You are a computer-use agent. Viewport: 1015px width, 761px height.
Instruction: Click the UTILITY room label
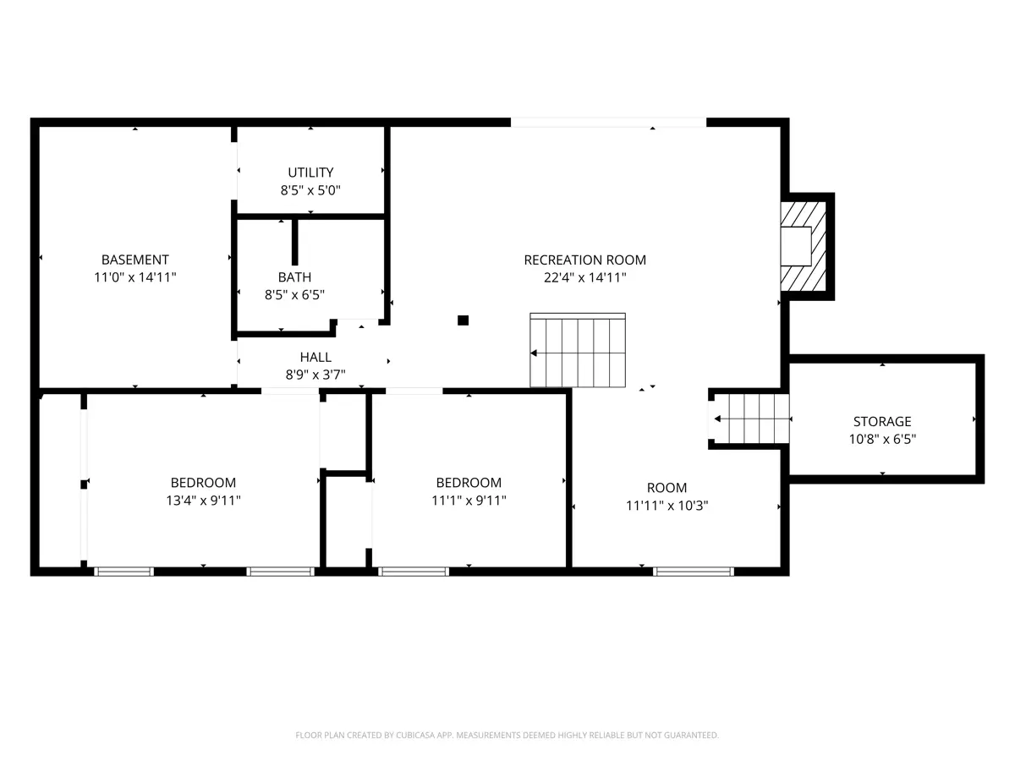(x=310, y=172)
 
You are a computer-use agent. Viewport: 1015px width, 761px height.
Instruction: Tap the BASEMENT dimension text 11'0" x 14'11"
(x=135, y=277)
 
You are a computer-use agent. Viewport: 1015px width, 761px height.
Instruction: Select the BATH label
(x=294, y=277)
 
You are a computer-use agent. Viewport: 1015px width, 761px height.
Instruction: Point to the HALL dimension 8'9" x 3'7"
(x=315, y=375)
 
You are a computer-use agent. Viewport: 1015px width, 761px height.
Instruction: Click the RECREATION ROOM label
(x=585, y=260)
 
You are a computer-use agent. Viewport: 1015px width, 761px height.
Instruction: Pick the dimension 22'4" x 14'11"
(x=585, y=277)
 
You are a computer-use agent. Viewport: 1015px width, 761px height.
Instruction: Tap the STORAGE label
(x=882, y=421)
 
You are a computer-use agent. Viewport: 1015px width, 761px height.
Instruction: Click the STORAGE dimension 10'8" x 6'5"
(x=882, y=439)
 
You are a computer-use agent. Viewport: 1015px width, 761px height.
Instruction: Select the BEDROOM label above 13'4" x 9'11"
(x=204, y=483)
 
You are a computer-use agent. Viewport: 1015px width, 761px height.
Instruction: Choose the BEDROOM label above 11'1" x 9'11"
(x=469, y=483)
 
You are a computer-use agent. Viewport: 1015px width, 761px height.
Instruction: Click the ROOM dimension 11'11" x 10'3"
(x=667, y=506)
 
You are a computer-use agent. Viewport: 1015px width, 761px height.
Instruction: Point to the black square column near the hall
(x=463, y=320)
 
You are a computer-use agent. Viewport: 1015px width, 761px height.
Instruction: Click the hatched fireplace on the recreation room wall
(x=804, y=246)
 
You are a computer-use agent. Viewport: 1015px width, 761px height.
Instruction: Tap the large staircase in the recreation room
(x=578, y=350)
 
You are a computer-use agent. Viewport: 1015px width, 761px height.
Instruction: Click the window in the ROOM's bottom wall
(x=693, y=572)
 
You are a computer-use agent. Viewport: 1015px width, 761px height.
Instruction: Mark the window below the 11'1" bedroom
(x=414, y=572)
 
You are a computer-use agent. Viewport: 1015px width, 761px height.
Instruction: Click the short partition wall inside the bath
(x=295, y=242)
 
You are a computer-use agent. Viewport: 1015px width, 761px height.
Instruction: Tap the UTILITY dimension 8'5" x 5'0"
(x=310, y=190)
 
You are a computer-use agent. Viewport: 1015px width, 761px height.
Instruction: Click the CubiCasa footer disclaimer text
(x=507, y=735)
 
